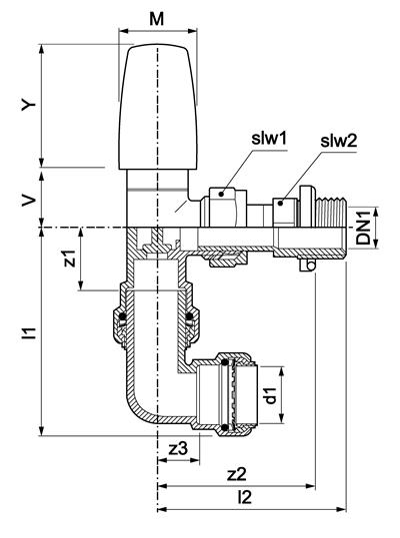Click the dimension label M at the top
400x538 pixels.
point(157,19)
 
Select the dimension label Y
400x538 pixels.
point(29,104)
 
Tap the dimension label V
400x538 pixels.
point(29,201)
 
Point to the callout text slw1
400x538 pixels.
point(269,139)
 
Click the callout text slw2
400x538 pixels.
point(338,141)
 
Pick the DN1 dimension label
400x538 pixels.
point(364,228)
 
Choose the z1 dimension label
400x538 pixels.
point(70,259)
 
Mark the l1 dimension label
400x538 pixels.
point(30,333)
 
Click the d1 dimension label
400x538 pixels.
point(271,395)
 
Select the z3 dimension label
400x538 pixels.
point(179,448)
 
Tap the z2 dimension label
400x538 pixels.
point(237,474)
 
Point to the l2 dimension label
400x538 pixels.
point(245,497)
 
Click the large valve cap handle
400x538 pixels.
point(158,107)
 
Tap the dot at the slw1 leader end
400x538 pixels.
point(221,195)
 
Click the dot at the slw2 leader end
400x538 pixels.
point(280,204)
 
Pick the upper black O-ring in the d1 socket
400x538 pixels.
point(225,362)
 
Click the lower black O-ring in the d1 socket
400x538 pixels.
point(225,428)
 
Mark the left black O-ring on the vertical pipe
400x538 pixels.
point(122,315)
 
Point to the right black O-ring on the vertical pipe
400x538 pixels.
point(189,315)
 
